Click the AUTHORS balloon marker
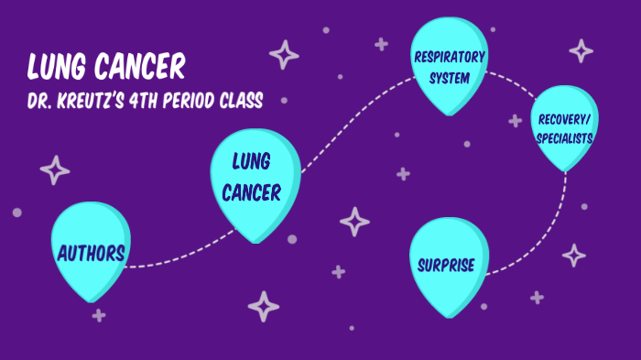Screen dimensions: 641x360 click(89, 253)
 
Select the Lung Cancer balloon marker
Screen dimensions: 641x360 click(255, 179)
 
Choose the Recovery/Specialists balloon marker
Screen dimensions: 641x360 click(565, 129)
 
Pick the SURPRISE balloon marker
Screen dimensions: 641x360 click(446, 266)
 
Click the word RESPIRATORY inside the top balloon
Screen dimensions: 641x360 click(449, 58)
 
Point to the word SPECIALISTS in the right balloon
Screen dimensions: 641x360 click(565, 137)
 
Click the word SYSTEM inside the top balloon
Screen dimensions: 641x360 click(449, 78)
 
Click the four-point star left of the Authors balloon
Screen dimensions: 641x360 click(55, 170)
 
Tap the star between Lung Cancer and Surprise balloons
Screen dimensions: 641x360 click(354, 222)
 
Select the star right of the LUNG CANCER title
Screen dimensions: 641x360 click(284, 55)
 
